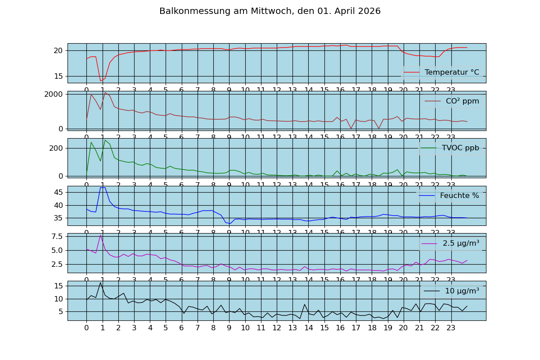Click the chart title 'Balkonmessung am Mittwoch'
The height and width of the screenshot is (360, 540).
click(x=270, y=11)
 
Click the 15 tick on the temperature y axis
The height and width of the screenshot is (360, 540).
click(x=58, y=76)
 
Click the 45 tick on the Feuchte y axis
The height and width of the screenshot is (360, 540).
click(x=58, y=192)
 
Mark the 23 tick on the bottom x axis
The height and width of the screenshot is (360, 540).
click(x=451, y=328)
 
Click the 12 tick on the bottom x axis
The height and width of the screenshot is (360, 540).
click(x=277, y=328)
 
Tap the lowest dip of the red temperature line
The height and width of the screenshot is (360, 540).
click(x=100, y=81)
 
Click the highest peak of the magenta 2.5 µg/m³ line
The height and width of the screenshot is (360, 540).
click(x=100, y=235)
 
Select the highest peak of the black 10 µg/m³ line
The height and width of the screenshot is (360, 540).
click(x=100, y=283)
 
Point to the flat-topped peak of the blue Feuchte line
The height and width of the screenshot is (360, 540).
click(x=103, y=187)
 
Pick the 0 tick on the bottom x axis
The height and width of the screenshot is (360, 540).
click(x=86, y=328)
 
